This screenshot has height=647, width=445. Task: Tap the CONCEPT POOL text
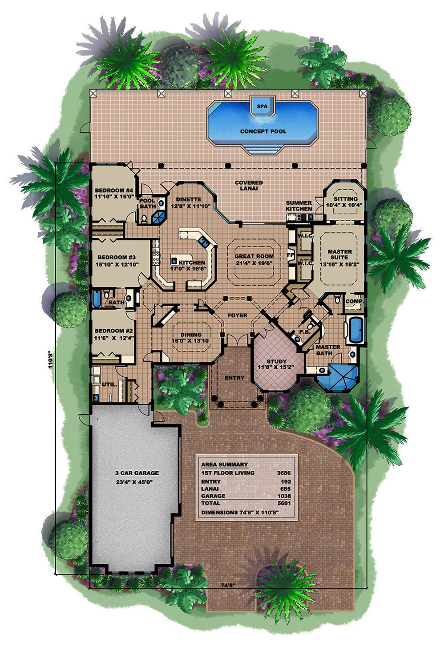[263, 131]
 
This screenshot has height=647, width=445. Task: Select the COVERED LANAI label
[249, 186]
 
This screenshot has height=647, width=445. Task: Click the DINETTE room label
[188, 199]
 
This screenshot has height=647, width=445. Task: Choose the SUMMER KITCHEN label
[299, 206]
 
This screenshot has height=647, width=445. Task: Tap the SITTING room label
[345, 199]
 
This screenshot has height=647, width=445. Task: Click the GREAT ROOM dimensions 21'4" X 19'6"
[254, 263]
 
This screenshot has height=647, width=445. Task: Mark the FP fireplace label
[290, 255]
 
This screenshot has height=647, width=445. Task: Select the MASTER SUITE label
[340, 255]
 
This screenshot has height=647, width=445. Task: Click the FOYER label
[237, 315]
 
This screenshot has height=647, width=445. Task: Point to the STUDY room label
[276, 361]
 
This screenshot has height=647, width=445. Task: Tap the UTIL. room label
[109, 384]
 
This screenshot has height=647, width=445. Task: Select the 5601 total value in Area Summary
[283, 503]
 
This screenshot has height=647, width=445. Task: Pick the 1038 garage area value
[283, 496]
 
